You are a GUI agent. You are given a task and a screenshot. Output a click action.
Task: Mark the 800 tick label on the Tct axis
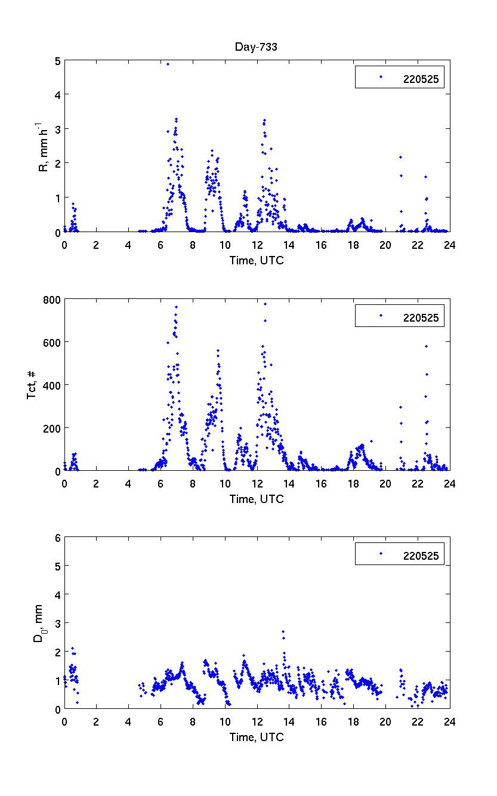(x=50, y=299)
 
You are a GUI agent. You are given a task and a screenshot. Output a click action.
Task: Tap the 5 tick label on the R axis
(x=56, y=60)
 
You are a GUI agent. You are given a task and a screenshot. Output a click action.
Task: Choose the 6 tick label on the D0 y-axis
(x=56, y=537)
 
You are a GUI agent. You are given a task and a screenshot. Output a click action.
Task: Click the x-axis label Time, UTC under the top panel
(x=257, y=261)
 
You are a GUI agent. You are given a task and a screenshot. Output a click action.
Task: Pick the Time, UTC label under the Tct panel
(x=257, y=499)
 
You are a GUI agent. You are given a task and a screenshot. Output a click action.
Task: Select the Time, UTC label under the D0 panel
(x=257, y=737)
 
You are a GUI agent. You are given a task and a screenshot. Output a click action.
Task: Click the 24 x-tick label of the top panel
(x=449, y=244)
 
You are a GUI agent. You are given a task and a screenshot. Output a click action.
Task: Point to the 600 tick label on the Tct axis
(x=50, y=342)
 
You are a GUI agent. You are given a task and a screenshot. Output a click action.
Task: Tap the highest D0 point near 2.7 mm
(x=283, y=631)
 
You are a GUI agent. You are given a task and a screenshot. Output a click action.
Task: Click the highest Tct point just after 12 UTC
(x=265, y=304)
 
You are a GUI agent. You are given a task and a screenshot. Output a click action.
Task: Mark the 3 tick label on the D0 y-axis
(x=56, y=623)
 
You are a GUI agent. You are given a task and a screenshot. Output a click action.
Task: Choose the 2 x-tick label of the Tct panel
(x=96, y=483)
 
